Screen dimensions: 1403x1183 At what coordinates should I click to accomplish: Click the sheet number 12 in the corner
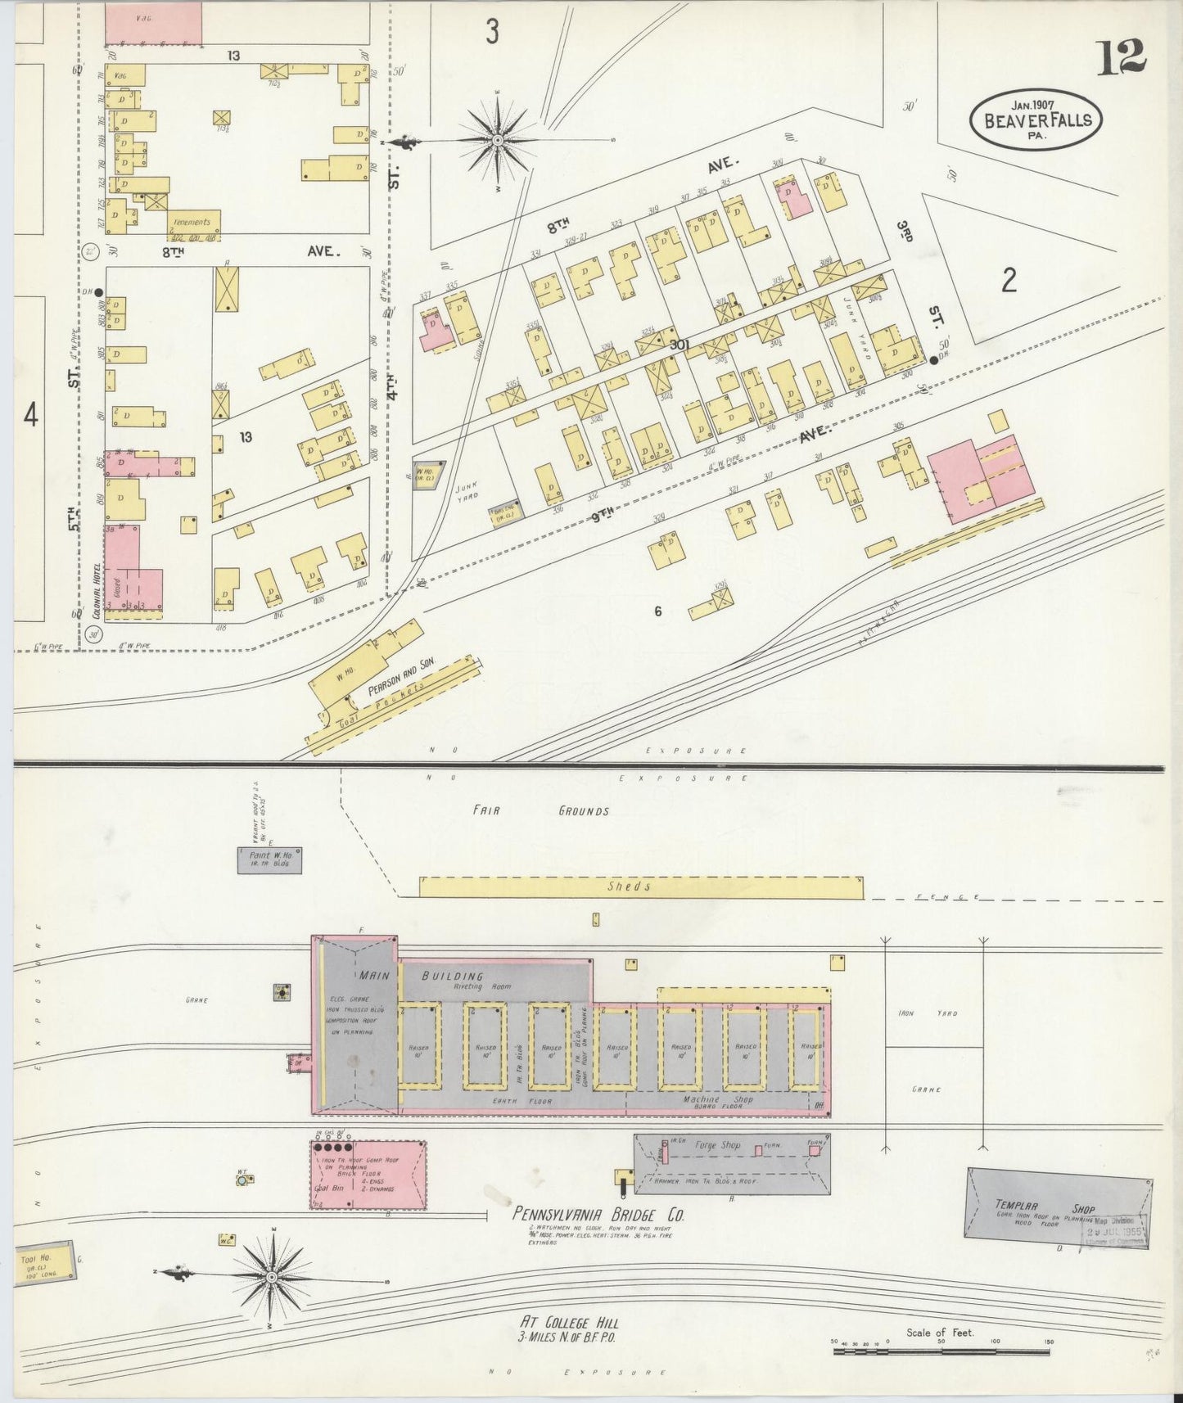tap(1122, 56)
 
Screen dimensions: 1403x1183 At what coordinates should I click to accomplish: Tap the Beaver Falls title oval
tap(1036, 120)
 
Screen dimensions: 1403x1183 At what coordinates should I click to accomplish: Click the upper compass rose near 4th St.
tap(497, 141)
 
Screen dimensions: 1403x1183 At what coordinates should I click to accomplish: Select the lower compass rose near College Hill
tap(271, 1276)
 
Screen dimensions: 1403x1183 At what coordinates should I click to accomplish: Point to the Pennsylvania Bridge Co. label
tap(598, 1214)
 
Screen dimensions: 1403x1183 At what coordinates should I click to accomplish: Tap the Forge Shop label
tap(717, 1145)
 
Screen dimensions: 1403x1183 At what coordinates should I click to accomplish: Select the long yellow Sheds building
tap(640, 887)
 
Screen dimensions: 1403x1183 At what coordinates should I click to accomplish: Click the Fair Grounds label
tap(540, 811)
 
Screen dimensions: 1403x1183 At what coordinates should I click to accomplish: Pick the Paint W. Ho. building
tap(270, 860)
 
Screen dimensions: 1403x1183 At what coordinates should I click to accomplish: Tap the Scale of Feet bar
tap(941, 1351)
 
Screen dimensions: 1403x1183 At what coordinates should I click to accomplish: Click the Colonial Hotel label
tap(95, 585)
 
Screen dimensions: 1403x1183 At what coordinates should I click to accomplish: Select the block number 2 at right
tap(1009, 281)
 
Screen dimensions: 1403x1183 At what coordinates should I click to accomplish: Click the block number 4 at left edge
tap(30, 416)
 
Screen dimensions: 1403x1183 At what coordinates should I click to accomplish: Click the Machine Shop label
tap(717, 1099)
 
